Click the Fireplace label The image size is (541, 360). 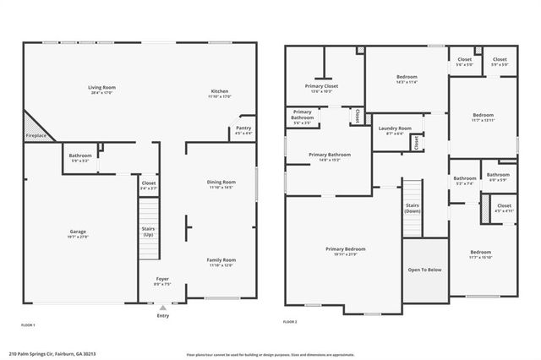pos(36,135)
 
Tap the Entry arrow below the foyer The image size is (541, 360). pos(162,308)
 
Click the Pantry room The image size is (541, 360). pos(243,130)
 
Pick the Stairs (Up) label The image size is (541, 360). pos(149,230)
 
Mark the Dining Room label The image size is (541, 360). pos(221,184)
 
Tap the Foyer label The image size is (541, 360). pos(162,281)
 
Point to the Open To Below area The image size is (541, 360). pos(424,271)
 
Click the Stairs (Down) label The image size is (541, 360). pos(413,208)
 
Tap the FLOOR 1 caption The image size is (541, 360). pos(29,325)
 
